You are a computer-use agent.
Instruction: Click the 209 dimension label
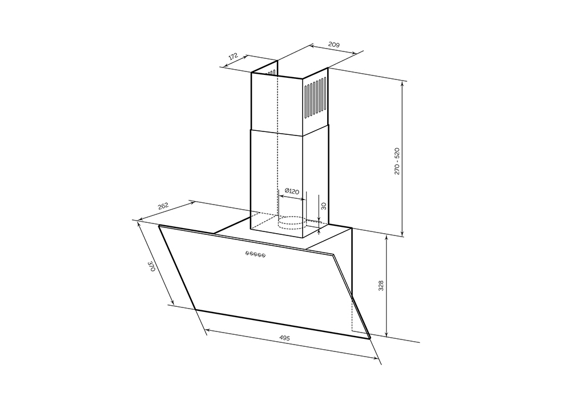[334, 45]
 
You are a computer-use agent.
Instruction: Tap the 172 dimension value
[234, 57]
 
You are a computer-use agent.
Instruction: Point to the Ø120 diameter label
[292, 191]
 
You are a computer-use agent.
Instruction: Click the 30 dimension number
[323, 206]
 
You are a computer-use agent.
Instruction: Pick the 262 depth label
[163, 206]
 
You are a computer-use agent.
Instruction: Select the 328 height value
[381, 286]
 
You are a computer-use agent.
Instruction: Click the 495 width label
[284, 338]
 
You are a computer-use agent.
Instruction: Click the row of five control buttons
[255, 254]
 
